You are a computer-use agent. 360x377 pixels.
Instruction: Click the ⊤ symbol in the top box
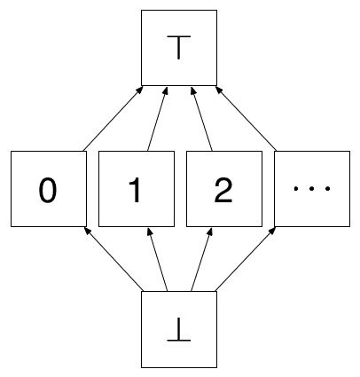(x=179, y=47)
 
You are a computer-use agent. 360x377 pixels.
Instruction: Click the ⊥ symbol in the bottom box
(x=179, y=329)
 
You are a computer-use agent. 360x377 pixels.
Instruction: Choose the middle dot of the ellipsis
(x=311, y=188)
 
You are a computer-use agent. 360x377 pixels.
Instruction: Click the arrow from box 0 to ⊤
(x=113, y=118)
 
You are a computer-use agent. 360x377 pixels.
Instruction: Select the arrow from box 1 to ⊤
(x=158, y=119)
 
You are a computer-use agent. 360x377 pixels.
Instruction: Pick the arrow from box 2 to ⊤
(x=201, y=119)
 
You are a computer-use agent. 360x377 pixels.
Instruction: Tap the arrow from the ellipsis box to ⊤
(x=246, y=118)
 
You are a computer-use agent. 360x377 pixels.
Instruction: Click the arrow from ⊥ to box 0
(x=113, y=259)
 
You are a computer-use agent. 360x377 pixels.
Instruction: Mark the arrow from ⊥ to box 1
(x=158, y=259)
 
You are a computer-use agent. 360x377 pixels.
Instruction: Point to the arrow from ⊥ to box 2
(x=201, y=259)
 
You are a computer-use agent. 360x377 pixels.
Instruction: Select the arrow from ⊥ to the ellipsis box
(x=246, y=259)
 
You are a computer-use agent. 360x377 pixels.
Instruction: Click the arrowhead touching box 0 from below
(x=87, y=231)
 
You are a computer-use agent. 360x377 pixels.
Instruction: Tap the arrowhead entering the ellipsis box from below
(x=273, y=231)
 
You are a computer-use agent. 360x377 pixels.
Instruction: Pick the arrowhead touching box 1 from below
(x=150, y=232)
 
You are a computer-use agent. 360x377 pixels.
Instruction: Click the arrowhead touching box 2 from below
(x=209, y=232)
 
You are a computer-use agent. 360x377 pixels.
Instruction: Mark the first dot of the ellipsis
(x=296, y=188)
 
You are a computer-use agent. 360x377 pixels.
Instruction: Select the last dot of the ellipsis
(x=327, y=188)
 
